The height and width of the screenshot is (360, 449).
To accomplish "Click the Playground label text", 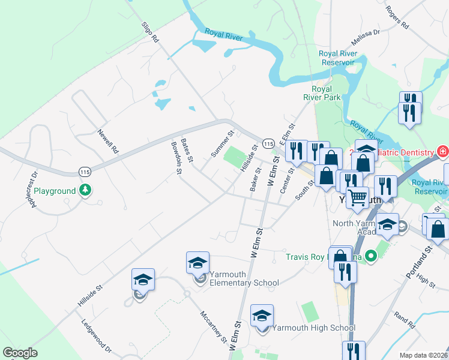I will [55, 191].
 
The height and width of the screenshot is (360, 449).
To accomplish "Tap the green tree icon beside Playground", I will [85, 190].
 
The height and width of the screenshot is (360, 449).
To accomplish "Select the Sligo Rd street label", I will [150, 32].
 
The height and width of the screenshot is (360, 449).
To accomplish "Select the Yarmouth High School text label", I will [314, 328].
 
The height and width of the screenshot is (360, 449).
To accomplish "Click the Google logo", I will [20, 353].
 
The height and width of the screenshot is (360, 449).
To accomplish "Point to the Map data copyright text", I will [423, 355].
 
